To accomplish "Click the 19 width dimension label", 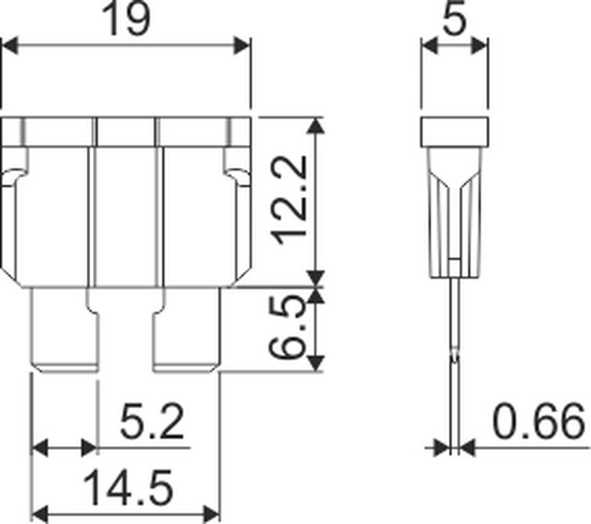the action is click(x=126, y=19).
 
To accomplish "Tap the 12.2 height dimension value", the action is click(x=290, y=200).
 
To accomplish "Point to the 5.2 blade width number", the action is click(x=152, y=421).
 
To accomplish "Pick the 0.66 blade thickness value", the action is click(x=539, y=421).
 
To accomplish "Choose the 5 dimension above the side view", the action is click(x=454, y=19).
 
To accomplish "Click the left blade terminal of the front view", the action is click(x=64, y=330).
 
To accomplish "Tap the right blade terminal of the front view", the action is click(x=187, y=330).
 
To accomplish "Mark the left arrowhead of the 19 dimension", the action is click(x=10, y=46).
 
